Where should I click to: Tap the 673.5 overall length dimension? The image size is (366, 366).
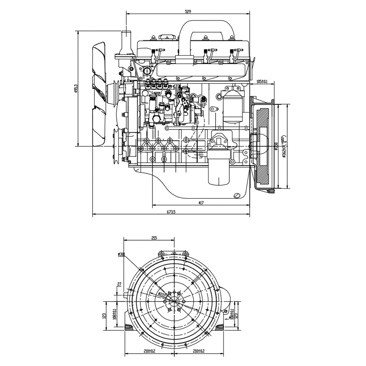click(x=172, y=211)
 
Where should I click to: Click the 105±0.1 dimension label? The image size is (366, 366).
click(x=262, y=81)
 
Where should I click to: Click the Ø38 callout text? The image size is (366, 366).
click(x=121, y=254)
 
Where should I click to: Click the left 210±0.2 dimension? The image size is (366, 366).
click(x=149, y=351)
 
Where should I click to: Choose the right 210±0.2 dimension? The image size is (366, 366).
click(x=199, y=351)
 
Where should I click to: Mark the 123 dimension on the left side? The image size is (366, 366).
click(x=105, y=315)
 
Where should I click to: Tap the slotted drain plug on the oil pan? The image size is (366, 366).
click(x=237, y=196)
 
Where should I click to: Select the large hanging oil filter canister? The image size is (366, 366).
click(x=218, y=169)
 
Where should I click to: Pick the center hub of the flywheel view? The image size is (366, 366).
click(x=174, y=302)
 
